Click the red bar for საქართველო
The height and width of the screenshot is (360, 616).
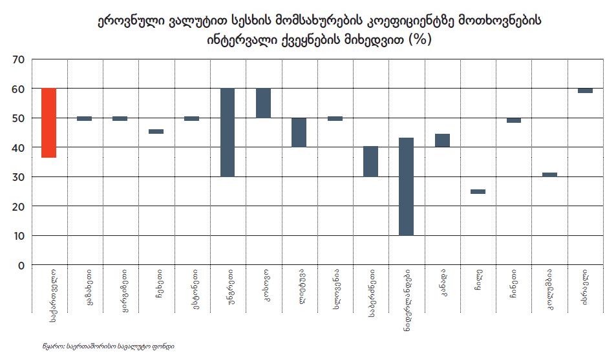(x=48, y=123)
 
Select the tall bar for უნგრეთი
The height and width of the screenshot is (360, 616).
(x=227, y=132)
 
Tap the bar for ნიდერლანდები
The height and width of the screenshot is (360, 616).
(x=406, y=187)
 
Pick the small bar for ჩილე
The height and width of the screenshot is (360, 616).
(x=478, y=191)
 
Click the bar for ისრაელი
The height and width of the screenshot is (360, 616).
(x=585, y=90)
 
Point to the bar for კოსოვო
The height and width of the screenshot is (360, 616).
(x=263, y=103)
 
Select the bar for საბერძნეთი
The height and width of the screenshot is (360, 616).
(x=370, y=162)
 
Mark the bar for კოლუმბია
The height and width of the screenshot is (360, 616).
(x=549, y=175)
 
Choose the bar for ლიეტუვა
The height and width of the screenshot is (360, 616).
(x=299, y=132)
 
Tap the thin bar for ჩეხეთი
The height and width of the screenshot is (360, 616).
(x=156, y=131)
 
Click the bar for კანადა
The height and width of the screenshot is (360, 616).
(x=442, y=140)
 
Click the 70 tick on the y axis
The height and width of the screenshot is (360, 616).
(x=18, y=59)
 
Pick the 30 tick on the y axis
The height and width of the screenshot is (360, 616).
(x=18, y=177)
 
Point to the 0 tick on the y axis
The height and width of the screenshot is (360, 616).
(x=21, y=266)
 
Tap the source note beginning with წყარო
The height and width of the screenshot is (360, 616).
(x=103, y=346)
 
